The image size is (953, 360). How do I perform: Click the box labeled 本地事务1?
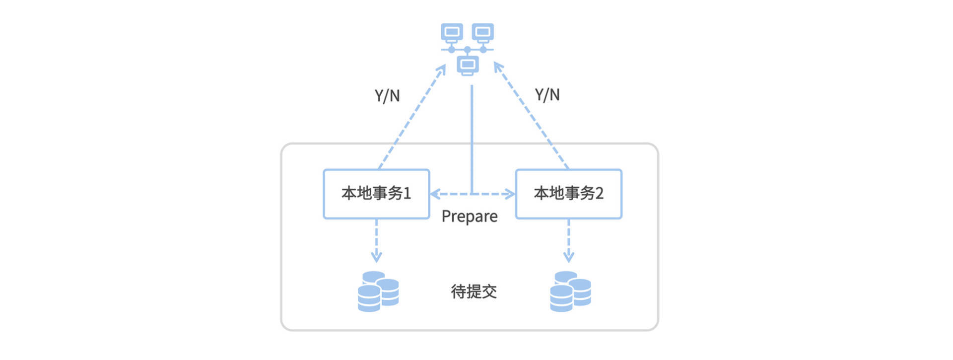376,194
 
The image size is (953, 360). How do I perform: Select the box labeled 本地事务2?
568,194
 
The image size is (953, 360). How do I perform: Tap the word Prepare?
469,216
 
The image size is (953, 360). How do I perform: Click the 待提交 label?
474,291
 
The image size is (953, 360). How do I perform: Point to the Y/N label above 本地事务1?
387,95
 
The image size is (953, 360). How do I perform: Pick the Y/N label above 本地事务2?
547,94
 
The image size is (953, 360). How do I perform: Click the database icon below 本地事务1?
378,291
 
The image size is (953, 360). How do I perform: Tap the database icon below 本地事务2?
570,291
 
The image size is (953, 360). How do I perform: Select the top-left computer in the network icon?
452,32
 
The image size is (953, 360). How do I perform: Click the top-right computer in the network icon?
483,32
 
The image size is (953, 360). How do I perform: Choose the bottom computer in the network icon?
468,65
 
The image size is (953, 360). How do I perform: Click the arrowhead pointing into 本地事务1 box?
435,194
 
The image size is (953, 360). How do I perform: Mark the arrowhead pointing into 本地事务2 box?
510,194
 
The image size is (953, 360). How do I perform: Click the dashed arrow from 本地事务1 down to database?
376,241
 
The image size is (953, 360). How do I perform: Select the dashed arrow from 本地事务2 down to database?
568,241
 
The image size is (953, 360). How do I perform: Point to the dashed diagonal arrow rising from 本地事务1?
412,117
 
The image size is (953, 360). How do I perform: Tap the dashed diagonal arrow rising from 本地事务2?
531,117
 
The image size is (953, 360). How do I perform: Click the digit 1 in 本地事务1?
407,193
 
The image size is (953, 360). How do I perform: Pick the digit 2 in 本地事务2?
599,193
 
